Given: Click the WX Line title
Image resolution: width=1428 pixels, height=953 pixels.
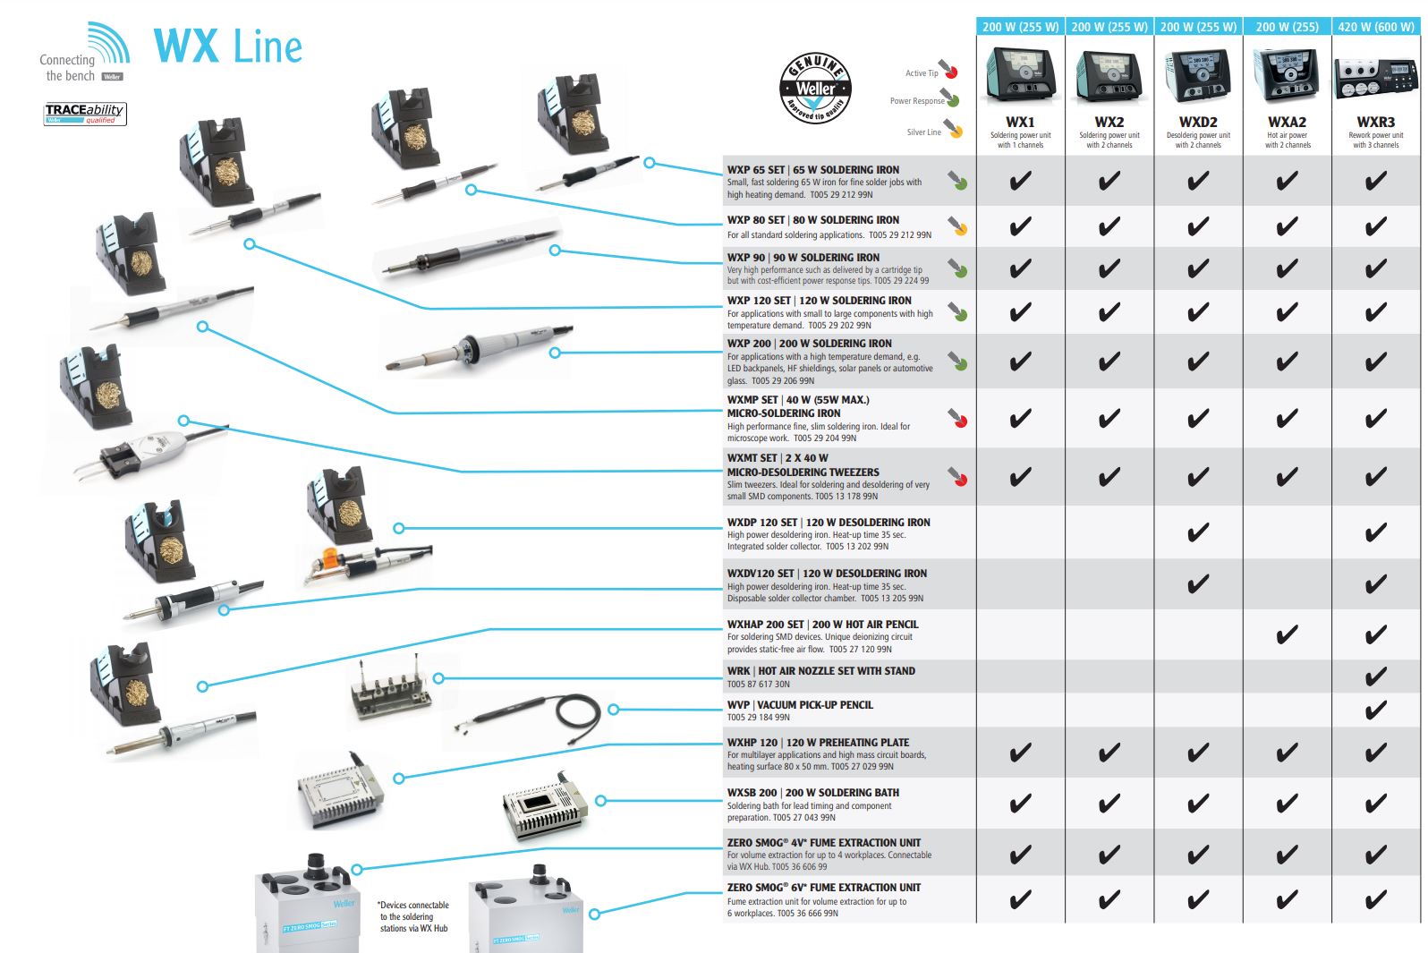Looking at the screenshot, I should (228, 46).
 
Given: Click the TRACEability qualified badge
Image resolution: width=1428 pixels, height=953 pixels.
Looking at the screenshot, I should (85, 114).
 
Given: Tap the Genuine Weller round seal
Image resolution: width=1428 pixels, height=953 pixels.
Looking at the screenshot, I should (815, 88).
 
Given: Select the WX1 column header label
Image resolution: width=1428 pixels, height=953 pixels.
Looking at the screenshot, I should (1020, 122).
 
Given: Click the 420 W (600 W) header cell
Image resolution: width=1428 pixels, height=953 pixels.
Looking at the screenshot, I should (1376, 27).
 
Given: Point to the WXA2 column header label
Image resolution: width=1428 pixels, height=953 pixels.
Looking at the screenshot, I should (1287, 122).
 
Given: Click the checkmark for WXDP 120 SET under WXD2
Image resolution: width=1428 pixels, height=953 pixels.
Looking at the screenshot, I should (1197, 533).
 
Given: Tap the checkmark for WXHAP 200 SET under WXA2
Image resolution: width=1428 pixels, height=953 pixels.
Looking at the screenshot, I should (1287, 635).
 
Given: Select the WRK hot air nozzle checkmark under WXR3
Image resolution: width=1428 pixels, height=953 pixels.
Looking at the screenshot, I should (1375, 676).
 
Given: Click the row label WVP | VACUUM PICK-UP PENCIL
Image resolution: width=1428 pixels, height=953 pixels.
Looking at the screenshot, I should (800, 705).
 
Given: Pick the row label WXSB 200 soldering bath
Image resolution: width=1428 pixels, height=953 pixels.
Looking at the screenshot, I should (812, 793).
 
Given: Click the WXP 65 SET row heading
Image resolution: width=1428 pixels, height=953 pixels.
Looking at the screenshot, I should (812, 170).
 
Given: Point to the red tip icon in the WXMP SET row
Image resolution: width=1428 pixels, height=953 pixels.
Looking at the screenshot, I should (958, 418).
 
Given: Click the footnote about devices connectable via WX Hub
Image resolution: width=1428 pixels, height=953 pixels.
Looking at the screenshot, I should (412, 917).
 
